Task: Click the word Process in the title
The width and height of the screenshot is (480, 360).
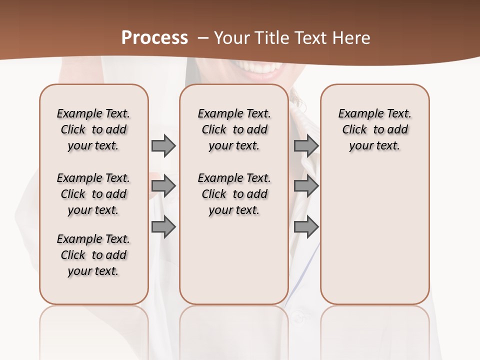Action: [x=154, y=38]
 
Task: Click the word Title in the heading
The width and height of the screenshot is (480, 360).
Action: [x=269, y=38]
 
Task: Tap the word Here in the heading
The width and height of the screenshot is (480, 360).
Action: [x=351, y=38]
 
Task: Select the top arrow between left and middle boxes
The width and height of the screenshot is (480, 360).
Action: [x=163, y=145]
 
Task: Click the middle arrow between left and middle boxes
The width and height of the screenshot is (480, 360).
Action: [x=163, y=186]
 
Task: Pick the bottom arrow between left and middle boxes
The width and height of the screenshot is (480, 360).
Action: [x=163, y=227]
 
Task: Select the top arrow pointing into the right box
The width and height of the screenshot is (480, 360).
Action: [x=306, y=145]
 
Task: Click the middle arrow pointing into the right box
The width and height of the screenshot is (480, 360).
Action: [x=306, y=186]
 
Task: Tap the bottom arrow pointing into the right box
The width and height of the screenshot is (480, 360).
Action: [x=306, y=227]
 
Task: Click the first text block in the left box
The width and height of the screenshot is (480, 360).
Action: [x=93, y=129]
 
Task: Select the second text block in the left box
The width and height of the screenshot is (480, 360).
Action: [x=93, y=194]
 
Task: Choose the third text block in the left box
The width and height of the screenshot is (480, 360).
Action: [x=93, y=255]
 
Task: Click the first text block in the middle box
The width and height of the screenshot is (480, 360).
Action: [x=234, y=129]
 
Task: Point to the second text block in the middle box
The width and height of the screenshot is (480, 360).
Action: [x=234, y=194]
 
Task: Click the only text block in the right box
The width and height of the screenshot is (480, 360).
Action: [x=374, y=129]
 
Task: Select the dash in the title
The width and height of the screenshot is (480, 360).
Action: [x=203, y=38]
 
